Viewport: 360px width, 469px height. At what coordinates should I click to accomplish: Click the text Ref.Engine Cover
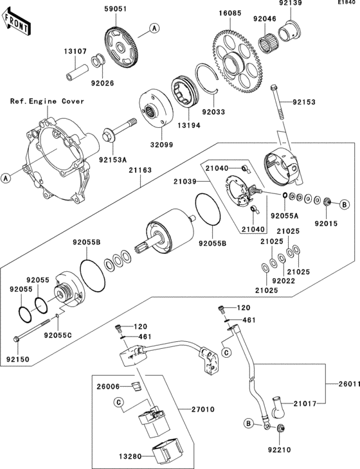(42, 102)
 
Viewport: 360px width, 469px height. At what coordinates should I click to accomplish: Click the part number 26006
(109, 387)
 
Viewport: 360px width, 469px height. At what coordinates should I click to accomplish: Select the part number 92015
(325, 224)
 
